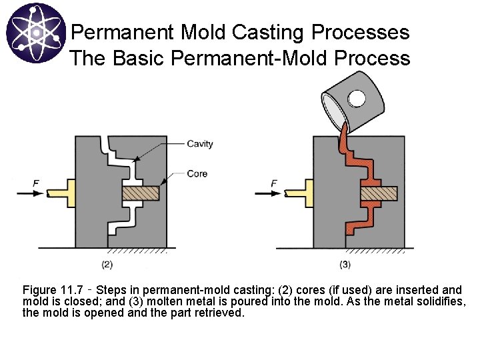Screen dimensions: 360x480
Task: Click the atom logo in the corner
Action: (35, 34)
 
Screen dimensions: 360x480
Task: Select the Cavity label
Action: (200, 144)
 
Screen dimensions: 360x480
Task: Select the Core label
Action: (197, 173)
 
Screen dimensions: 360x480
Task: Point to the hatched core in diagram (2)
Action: (140, 193)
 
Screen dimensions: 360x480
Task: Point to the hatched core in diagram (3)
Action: (379, 193)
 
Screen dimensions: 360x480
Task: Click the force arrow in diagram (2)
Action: (31, 193)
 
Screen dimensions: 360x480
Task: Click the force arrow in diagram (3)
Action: (269, 193)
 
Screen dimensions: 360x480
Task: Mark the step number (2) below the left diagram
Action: (107, 264)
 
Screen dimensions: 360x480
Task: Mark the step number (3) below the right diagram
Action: (345, 264)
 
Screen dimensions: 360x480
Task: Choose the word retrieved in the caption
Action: (221, 312)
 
